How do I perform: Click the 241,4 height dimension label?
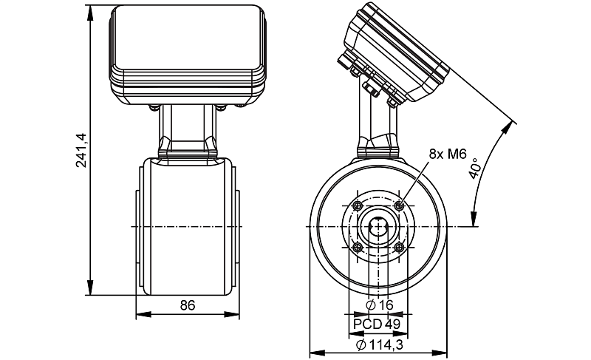(81, 150)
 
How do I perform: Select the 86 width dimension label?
(188, 305)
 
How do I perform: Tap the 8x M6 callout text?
(448, 154)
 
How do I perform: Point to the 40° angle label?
(474, 169)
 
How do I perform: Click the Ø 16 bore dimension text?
(380, 305)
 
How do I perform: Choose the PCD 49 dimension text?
(377, 324)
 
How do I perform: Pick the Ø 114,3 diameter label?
(380, 344)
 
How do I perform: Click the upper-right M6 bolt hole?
(399, 206)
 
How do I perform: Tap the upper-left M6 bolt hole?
(358, 206)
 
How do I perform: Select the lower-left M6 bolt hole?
(358, 248)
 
